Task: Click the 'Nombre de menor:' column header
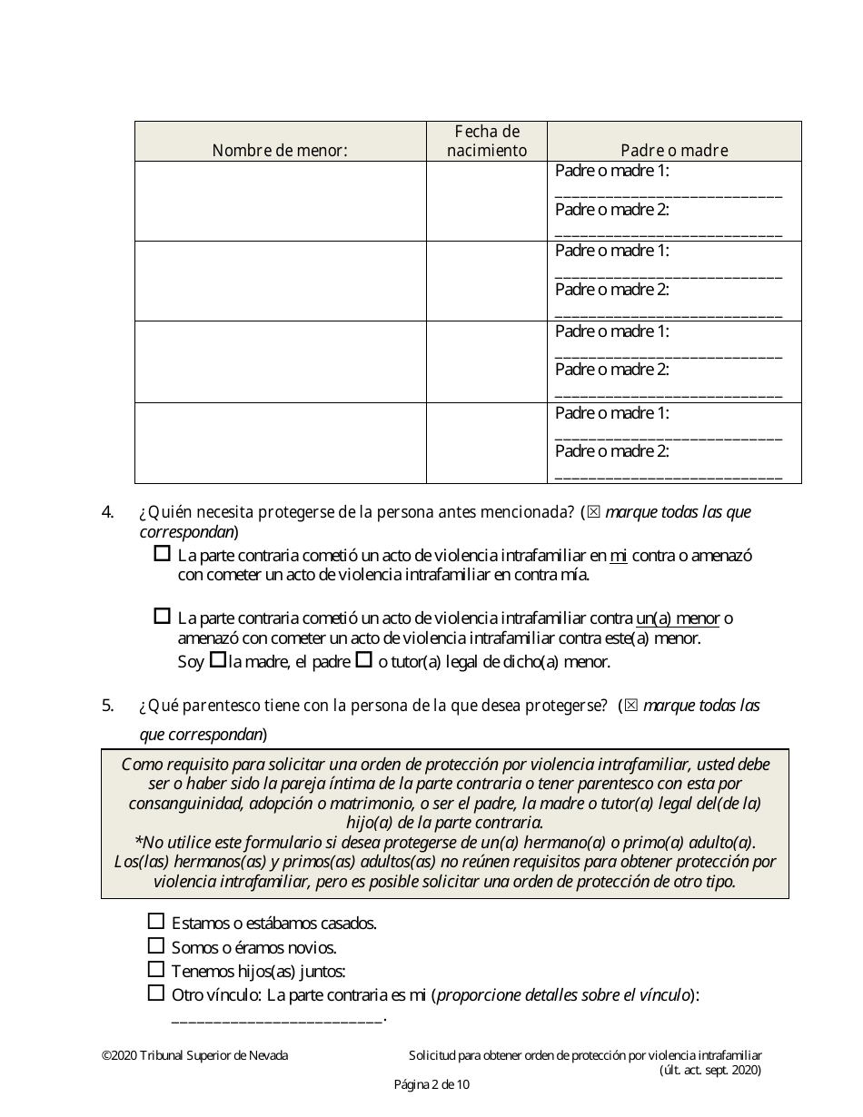pos(280,151)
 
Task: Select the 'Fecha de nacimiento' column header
pos(487,142)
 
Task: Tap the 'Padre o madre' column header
pos(674,151)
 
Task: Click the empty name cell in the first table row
pos(281,201)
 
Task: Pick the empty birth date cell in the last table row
pos(487,442)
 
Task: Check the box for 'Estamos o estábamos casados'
pos(156,922)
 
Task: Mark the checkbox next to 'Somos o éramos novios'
pos(156,946)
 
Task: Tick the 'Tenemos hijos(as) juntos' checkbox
pos(156,970)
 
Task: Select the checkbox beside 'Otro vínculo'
pos(156,993)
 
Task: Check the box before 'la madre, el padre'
pos(217,661)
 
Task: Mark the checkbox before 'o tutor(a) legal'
pos(363,661)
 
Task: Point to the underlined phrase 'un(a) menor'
pos(678,618)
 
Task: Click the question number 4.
pos(107,512)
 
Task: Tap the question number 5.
pos(107,706)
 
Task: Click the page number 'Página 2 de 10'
pos(431,1084)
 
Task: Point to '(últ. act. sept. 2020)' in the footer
pos(710,1070)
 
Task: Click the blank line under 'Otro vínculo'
pos(277,1018)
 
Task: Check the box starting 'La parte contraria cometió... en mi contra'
pos(163,553)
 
